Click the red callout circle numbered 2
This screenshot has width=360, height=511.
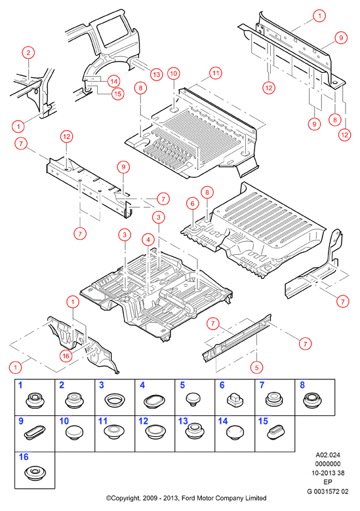click(x=28, y=52)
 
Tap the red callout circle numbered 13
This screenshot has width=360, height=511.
click(x=157, y=74)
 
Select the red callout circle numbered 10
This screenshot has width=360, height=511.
click(x=174, y=73)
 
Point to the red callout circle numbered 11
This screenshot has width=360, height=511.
click(x=216, y=73)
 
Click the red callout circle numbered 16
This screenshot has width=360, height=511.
click(x=66, y=356)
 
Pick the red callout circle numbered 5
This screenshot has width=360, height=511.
click(x=256, y=368)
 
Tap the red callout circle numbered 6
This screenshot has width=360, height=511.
click(x=192, y=204)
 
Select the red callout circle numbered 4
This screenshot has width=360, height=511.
click(x=148, y=240)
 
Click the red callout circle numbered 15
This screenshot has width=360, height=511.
click(x=117, y=94)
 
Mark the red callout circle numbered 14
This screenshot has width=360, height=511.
click(x=113, y=81)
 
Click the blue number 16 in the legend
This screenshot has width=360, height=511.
click(x=24, y=457)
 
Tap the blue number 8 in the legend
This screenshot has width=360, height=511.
click(x=302, y=385)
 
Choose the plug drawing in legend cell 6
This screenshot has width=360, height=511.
click(x=235, y=400)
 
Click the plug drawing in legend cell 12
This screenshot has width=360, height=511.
click(x=155, y=433)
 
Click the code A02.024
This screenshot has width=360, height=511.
click(x=328, y=455)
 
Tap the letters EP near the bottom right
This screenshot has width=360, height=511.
click(x=328, y=482)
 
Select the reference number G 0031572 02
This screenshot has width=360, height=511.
click(x=328, y=491)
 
